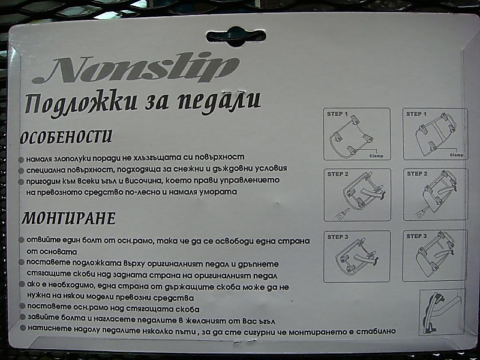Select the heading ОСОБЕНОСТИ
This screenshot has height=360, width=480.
[65, 137]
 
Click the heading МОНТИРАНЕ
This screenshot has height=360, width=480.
[68, 218]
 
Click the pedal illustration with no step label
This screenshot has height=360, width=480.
[442, 312]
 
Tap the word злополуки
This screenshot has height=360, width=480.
[73, 159]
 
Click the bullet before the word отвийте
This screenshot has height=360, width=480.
[22, 239]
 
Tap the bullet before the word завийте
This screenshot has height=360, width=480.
[22, 317]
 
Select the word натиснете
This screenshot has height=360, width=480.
[47, 329]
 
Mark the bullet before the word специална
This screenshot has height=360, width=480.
[21, 170]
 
